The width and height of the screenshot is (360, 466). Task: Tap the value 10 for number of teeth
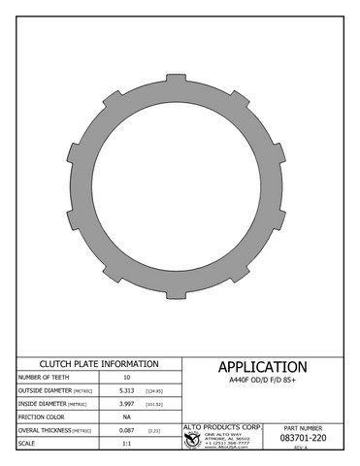tap(126, 377)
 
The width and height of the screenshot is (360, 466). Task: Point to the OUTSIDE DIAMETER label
tap(43, 390)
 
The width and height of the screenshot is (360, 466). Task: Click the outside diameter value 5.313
tap(126, 390)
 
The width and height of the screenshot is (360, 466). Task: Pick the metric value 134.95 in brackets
tap(153, 390)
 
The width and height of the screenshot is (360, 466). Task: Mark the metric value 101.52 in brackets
tap(153, 403)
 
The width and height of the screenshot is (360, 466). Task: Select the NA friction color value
tap(126, 416)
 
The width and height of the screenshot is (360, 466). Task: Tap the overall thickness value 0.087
tap(126, 429)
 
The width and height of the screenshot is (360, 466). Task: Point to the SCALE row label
tap(28, 443)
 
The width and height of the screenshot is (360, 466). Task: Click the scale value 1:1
tap(126, 443)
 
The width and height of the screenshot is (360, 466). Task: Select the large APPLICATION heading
tap(262, 367)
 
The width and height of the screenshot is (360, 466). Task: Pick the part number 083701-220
tap(302, 439)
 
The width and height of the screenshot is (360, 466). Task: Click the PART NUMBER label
tap(302, 427)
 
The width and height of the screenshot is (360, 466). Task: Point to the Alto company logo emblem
tap(191, 440)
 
